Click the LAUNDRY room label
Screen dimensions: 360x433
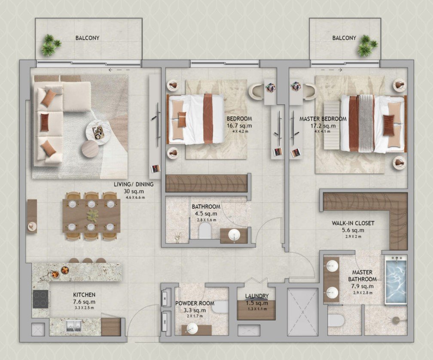(257, 296)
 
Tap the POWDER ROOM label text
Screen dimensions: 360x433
(195, 303)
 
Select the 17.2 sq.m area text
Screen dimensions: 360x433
(323, 126)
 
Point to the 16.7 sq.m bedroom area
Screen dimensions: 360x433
(239, 126)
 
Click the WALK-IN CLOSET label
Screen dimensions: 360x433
(353, 223)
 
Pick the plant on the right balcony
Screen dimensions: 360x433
(366, 46)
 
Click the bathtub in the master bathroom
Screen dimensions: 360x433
(396, 280)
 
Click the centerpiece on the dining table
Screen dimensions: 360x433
(92, 214)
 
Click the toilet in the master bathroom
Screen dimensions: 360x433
(336, 320)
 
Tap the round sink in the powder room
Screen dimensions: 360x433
(192, 329)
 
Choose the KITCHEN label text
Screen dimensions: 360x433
(84, 295)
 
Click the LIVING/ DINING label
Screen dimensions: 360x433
(134, 184)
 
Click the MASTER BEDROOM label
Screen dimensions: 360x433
(323, 118)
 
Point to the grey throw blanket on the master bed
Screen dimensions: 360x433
(366, 122)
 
